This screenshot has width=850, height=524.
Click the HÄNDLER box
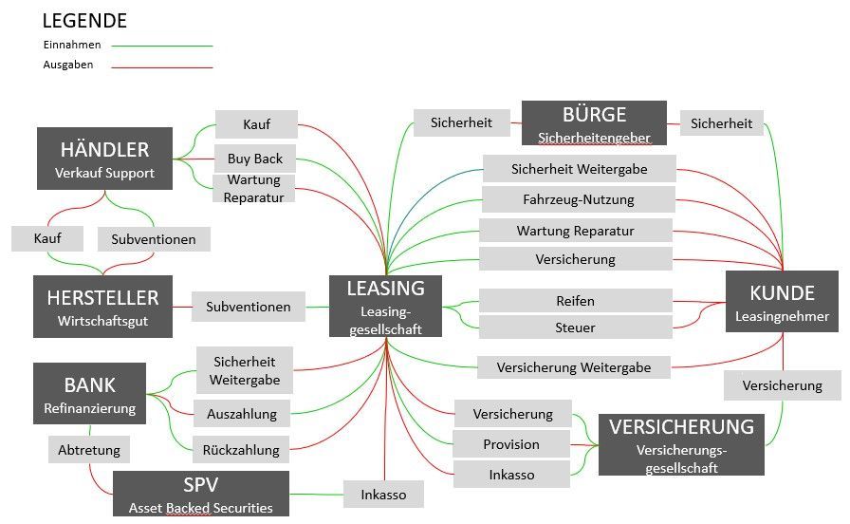(x=104, y=159)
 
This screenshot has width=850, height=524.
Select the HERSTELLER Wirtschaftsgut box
(x=103, y=307)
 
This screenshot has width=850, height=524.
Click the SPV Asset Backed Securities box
(x=200, y=494)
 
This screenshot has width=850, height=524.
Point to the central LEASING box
(x=385, y=306)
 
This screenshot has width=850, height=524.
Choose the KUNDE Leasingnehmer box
(x=782, y=302)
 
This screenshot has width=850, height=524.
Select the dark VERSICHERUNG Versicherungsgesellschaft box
(x=680, y=444)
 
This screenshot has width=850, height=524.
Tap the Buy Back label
(x=255, y=159)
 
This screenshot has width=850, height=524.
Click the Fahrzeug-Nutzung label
(x=578, y=199)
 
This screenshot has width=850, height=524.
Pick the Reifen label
(x=575, y=301)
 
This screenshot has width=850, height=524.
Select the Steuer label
(x=575, y=327)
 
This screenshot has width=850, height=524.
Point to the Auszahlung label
(x=242, y=414)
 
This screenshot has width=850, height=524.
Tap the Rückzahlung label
(x=241, y=450)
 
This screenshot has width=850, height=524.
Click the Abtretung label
(x=88, y=450)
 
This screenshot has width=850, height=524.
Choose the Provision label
(x=511, y=444)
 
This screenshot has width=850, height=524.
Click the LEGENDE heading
(x=84, y=21)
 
